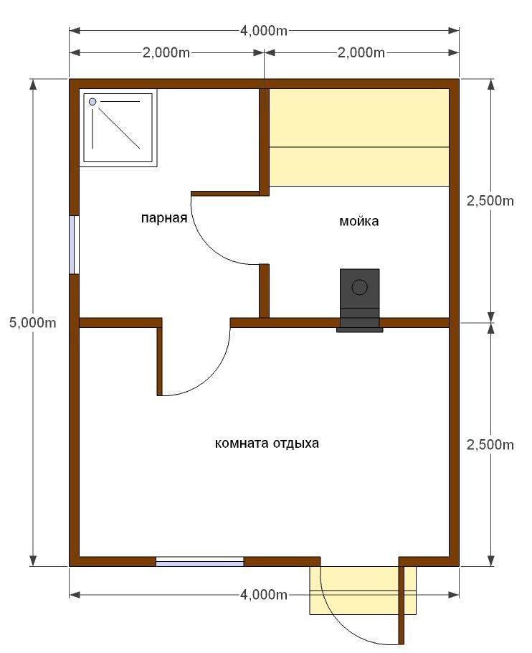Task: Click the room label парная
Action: (x=164, y=218)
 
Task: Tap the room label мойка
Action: (x=359, y=221)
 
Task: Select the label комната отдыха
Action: (x=267, y=443)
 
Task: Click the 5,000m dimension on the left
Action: (x=33, y=322)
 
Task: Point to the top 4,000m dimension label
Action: (x=264, y=31)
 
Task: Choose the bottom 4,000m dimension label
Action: (x=264, y=595)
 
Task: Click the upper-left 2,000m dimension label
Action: (x=166, y=53)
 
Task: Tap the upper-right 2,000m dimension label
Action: (x=361, y=53)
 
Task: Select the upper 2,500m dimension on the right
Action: (x=490, y=201)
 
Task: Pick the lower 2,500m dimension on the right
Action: (x=490, y=445)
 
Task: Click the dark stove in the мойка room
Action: (x=360, y=300)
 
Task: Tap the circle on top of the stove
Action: (x=360, y=287)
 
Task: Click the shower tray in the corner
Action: (x=118, y=128)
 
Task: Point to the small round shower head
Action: (x=92, y=102)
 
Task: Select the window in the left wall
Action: (x=74, y=245)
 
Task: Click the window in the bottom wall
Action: (x=199, y=561)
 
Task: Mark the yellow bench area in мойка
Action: (x=359, y=138)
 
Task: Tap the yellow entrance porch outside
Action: (x=363, y=590)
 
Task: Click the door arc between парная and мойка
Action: (x=212, y=245)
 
